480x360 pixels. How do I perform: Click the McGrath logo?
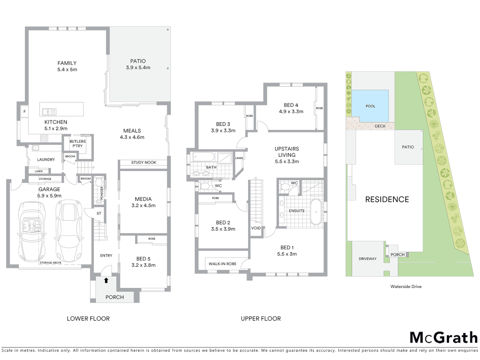point(443,337)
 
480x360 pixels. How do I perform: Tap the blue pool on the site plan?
point(370,106)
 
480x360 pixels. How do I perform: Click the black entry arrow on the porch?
point(106,280)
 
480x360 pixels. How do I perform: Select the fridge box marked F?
point(24,112)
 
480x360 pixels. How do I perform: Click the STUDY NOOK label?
point(144,163)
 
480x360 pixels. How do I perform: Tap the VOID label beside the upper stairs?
point(256,228)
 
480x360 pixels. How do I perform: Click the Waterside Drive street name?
point(406,286)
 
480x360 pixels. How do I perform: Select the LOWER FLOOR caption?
point(88,319)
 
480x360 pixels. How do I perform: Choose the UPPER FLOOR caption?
point(261,319)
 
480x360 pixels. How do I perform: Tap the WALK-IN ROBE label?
point(222,264)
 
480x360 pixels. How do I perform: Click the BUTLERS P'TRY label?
point(77,144)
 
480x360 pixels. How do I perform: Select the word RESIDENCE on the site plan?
point(387,199)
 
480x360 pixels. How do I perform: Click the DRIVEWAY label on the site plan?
point(367,259)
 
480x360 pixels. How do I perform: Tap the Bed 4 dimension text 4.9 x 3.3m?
point(291,112)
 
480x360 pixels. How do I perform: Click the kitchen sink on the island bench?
point(49,112)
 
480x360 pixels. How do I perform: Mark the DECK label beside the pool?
point(380,126)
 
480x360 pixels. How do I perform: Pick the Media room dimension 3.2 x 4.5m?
point(143,205)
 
